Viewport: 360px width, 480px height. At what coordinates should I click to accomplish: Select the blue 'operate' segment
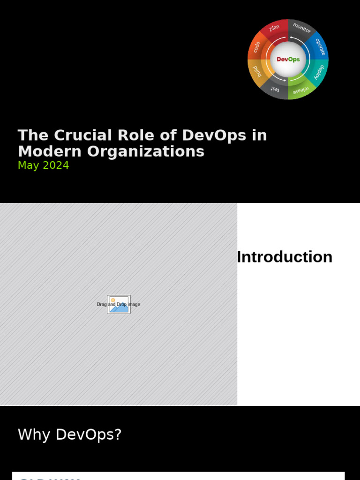(x=320, y=46)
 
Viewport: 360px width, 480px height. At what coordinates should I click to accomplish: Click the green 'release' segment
(x=301, y=90)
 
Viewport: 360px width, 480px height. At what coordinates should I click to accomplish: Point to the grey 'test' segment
(x=275, y=90)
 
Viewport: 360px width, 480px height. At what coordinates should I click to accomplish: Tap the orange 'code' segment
(x=256, y=46)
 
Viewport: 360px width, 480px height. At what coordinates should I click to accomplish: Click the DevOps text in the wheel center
(x=288, y=60)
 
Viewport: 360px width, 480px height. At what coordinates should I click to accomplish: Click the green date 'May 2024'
(x=43, y=165)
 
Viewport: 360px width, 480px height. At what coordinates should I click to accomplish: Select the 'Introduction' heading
(x=285, y=257)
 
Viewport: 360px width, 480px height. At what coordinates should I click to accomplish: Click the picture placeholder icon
(x=119, y=304)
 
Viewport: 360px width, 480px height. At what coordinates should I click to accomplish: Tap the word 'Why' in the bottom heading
(x=34, y=435)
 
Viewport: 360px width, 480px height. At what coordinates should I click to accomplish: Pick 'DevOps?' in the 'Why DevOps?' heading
(x=89, y=435)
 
